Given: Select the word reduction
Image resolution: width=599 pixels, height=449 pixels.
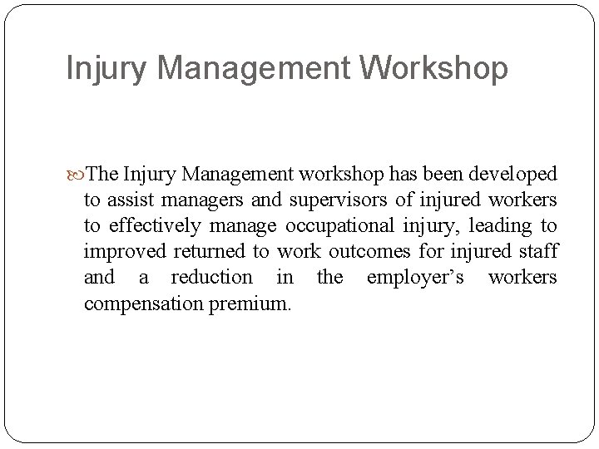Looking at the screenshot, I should point(210,278).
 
